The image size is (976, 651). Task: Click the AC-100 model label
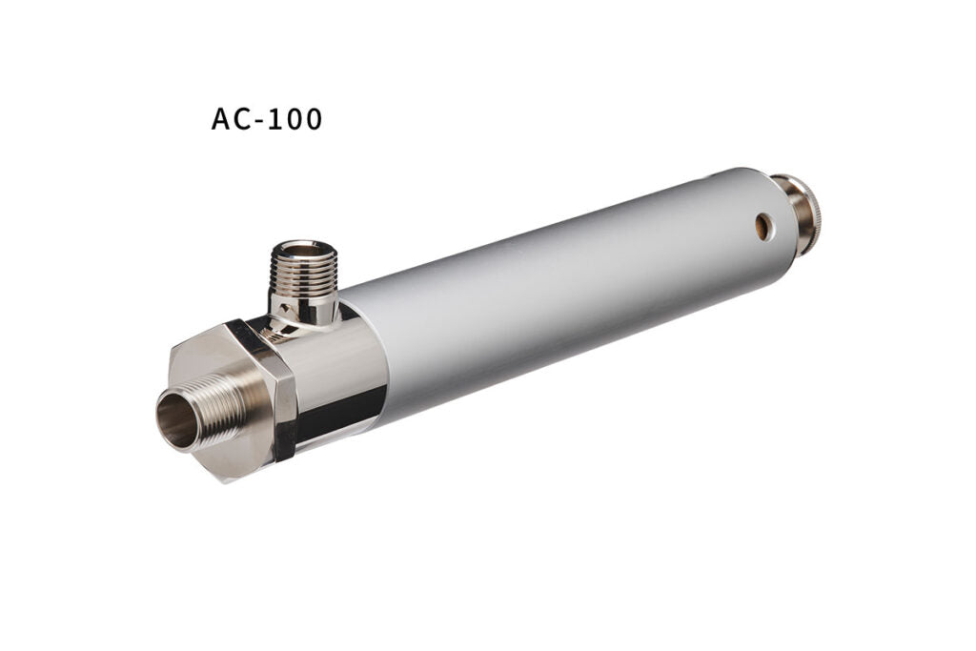coord(267,120)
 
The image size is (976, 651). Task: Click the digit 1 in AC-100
coord(279,120)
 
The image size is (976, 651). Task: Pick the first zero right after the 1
coord(295,120)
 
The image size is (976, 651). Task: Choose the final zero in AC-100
coord(313,120)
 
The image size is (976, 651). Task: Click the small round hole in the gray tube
coord(763,225)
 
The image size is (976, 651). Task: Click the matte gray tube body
coord(572,286)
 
